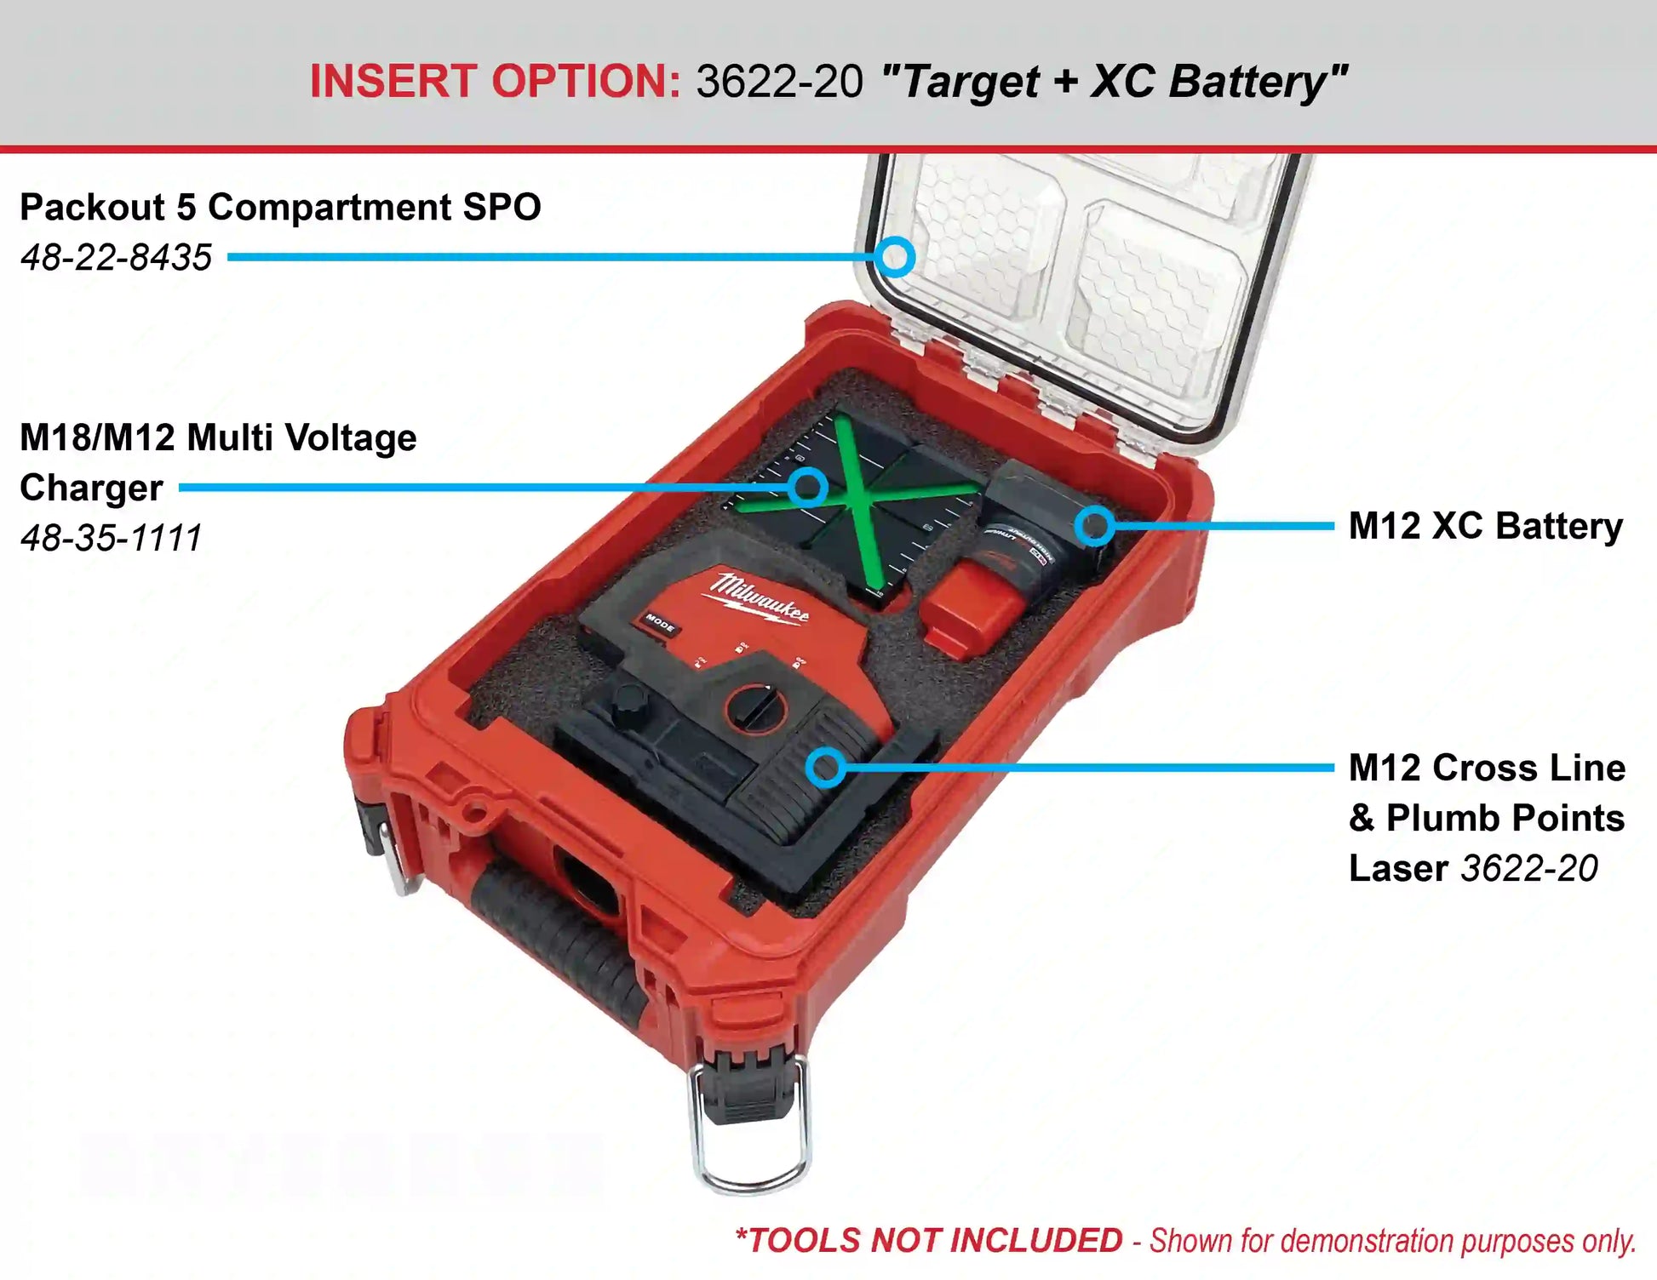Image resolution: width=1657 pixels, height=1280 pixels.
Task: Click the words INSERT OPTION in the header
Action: (x=495, y=82)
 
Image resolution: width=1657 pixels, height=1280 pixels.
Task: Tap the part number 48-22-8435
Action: (x=116, y=257)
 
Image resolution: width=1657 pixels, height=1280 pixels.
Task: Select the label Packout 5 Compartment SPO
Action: (x=280, y=207)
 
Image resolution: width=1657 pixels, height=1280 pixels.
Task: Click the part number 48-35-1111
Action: (x=111, y=537)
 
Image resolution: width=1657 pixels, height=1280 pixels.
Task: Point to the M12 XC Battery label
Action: (x=1486, y=526)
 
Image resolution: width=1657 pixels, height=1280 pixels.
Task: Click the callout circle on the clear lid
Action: (x=895, y=257)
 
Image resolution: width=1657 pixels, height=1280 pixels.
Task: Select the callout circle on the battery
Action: (x=1095, y=526)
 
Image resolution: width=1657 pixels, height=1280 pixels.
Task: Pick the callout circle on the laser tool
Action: (x=826, y=768)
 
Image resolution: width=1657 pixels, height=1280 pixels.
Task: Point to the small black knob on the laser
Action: (x=628, y=703)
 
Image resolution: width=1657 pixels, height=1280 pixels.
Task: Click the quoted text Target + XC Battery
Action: (x=1115, y=83)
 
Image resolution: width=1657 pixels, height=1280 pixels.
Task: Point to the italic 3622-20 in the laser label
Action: (x=1529, y=868)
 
